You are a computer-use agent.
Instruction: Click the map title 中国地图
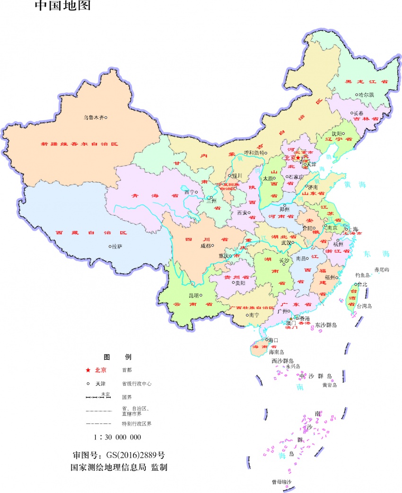tap(62, 6)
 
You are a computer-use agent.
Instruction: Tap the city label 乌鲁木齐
tap(93, 117)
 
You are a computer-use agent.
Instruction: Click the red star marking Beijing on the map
tap(298, 158)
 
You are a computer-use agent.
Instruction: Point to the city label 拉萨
tap(117, 246)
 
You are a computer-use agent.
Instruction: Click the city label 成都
tap(205, 246)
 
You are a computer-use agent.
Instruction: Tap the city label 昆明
tap(194, 295)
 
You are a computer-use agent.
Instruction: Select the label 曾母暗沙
tap(281, 482)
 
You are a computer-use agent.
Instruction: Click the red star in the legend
tap(87, 370)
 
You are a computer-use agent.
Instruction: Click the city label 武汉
tap(286, 242)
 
